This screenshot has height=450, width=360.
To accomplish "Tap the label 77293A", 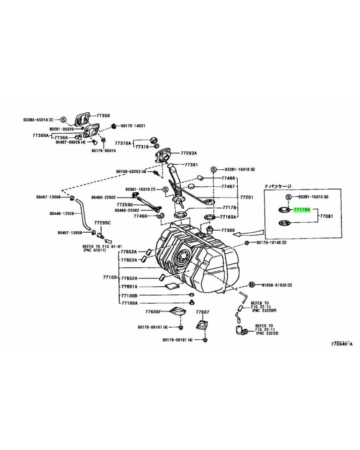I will click(x=189, y=153).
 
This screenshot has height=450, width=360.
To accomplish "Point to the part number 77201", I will click(x=247, y=197).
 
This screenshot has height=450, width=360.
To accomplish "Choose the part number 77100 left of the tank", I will click(x=110, y=278).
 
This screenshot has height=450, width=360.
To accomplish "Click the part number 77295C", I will click(x=102, y=223).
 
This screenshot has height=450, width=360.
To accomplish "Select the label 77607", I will click(x=202, y=311).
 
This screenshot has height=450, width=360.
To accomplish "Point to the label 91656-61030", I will click(x=274, y=285).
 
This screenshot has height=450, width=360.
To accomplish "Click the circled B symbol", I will click(x=252, y=285).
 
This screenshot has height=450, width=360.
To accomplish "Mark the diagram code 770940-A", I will click(x=342, y=344).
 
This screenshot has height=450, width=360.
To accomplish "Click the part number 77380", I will click(x=228, y=229).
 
